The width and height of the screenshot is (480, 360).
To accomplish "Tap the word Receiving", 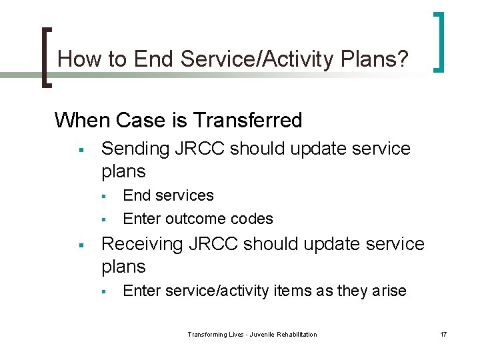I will pyautogui.click(x=142, y=244).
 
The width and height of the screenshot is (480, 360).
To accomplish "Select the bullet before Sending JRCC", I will pyautogui.click(x=80, y=149).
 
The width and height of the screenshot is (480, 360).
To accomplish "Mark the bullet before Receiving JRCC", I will pyautogui.click(x=80, y=245).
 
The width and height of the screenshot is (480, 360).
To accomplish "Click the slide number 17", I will pyautogui.click(x=443, y=334).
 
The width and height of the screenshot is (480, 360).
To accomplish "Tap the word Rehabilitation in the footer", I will pyautogui.click(x=295, y=334).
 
